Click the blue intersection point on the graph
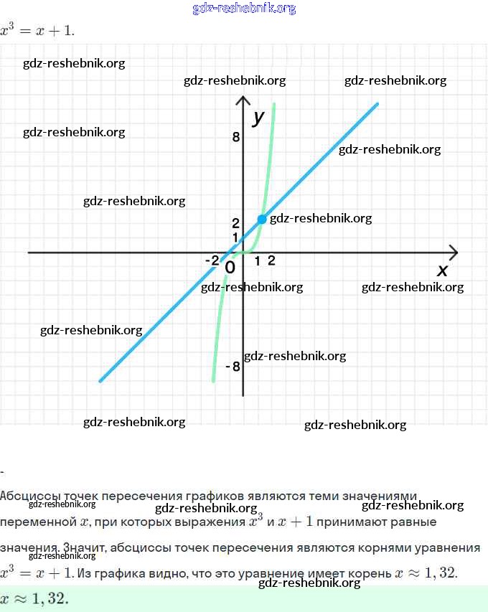(262, 218)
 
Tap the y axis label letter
(259, 116)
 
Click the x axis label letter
(442, 270)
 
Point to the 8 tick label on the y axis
(235, 136)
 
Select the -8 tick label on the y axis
(233, 367)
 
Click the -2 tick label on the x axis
(212, 260)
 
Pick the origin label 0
(230, 268)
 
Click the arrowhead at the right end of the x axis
(454, 252)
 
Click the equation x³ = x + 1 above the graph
(37, 31)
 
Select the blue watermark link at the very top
(244, 9)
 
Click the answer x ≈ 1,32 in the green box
(35, 599)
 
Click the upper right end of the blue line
(376, 105)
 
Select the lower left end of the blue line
(100, 380)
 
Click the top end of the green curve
(274, 105)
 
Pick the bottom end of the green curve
(213, 380)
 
